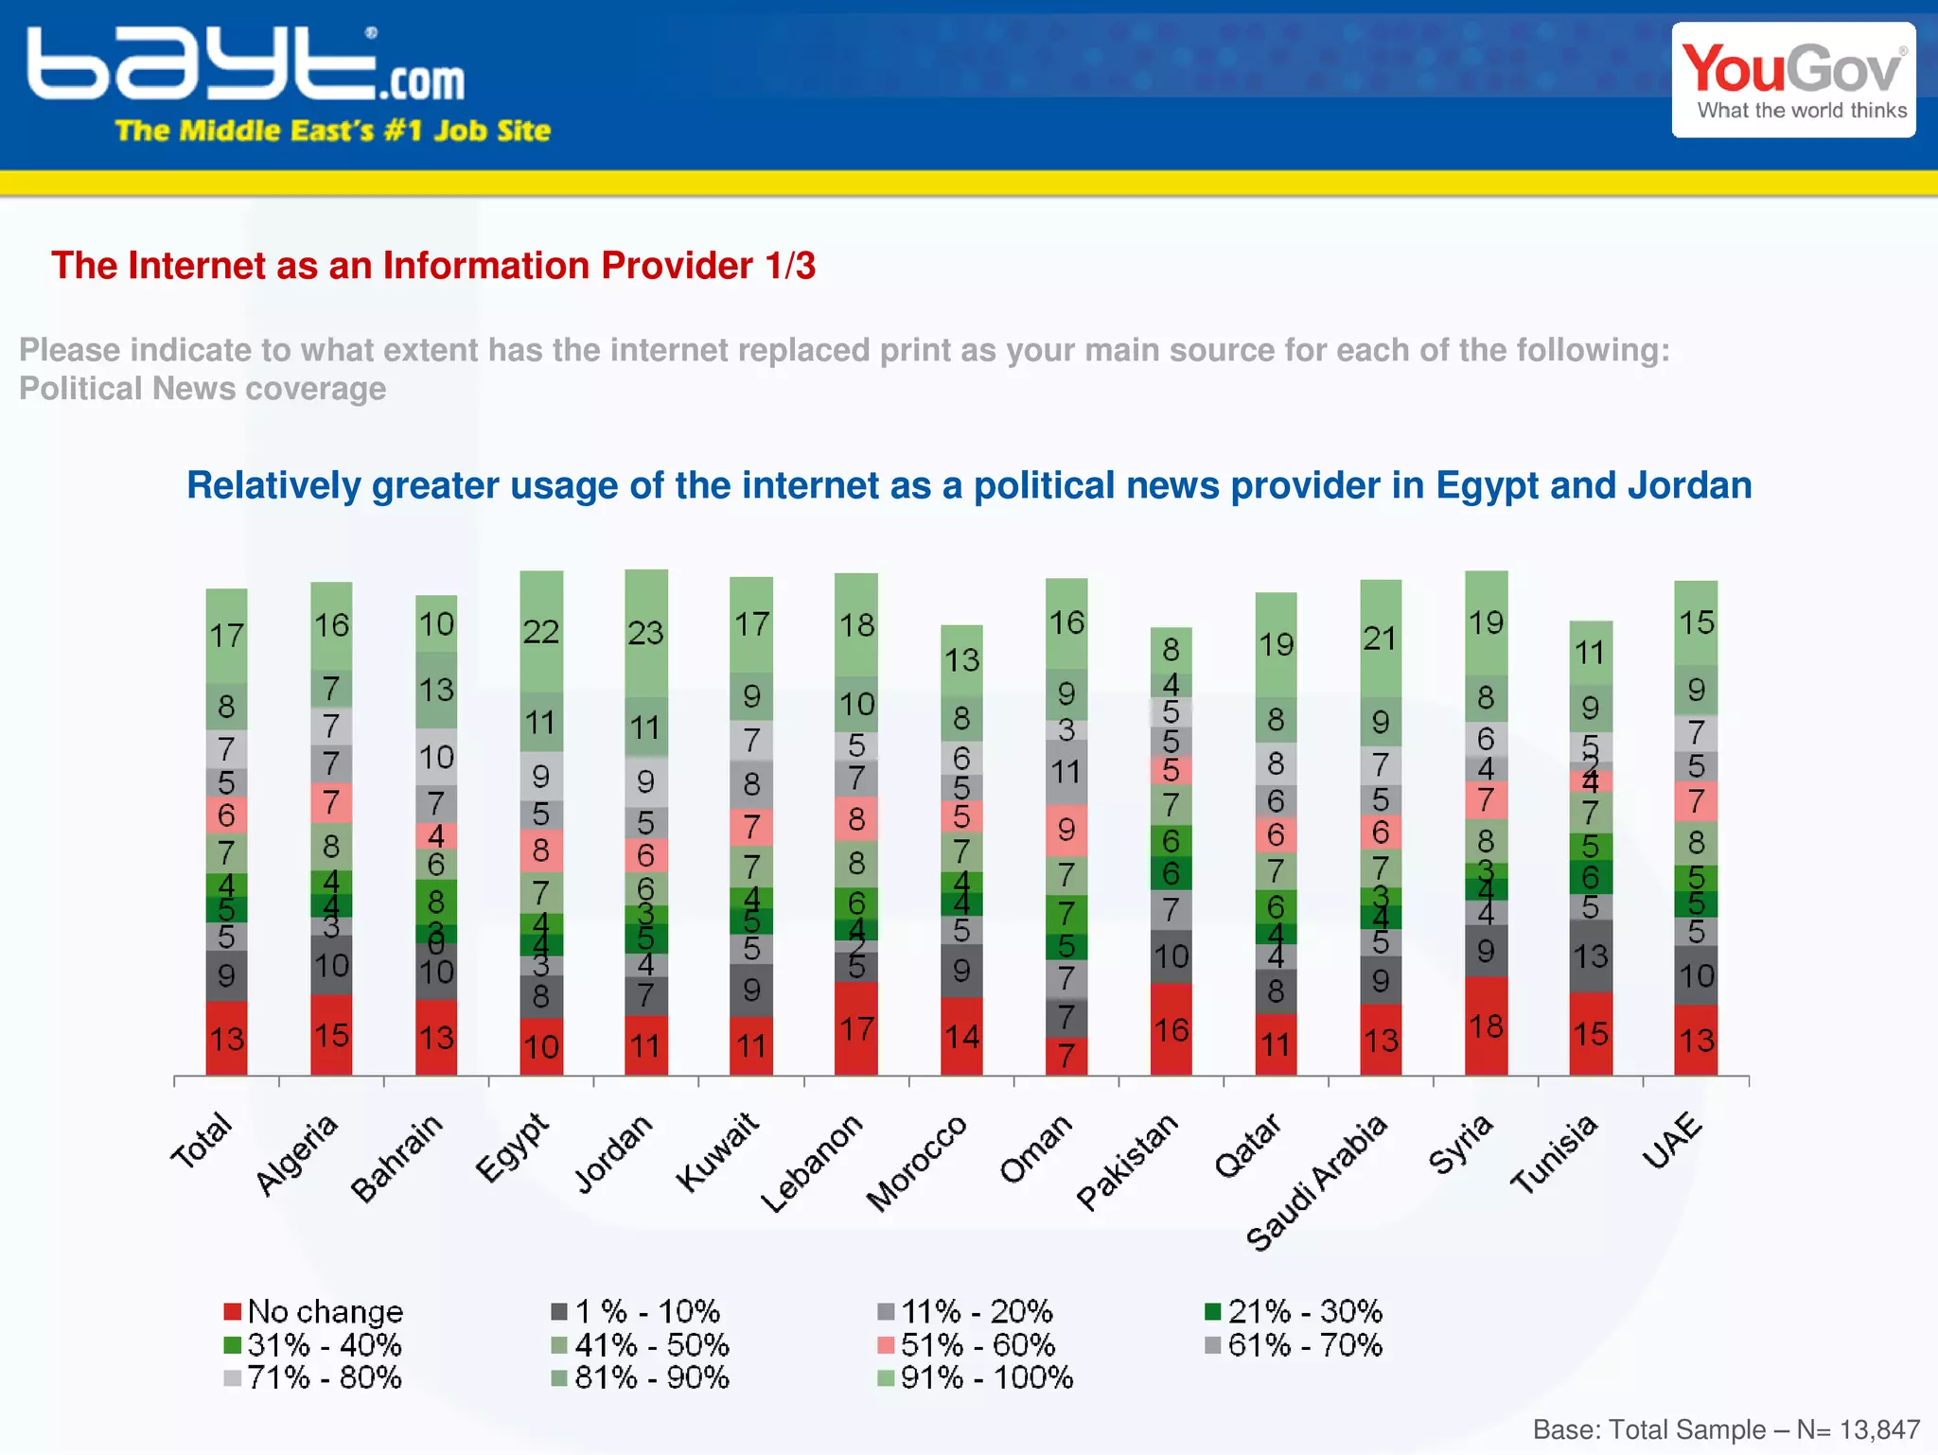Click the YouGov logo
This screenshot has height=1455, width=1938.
(x=1793, y=80)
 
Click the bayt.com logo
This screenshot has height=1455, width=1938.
(x=246, y=66)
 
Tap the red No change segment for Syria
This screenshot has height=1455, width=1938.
(x=1486, y=1026)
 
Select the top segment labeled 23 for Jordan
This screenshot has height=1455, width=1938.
(x=646, y=632)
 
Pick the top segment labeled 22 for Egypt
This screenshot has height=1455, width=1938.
(x=541, y=631)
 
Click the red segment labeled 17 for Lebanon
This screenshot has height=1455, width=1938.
(x=856, y=1028)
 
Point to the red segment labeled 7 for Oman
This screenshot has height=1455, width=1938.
(x=1066, y=1056)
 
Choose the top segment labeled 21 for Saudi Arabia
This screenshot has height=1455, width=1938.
(x=1381, y=638)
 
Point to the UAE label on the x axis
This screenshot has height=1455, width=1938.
(x=1672, y=1141)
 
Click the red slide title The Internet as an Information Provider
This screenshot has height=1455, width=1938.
(x=433, y=266)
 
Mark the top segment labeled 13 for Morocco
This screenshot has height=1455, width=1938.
(x=961, y=659)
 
